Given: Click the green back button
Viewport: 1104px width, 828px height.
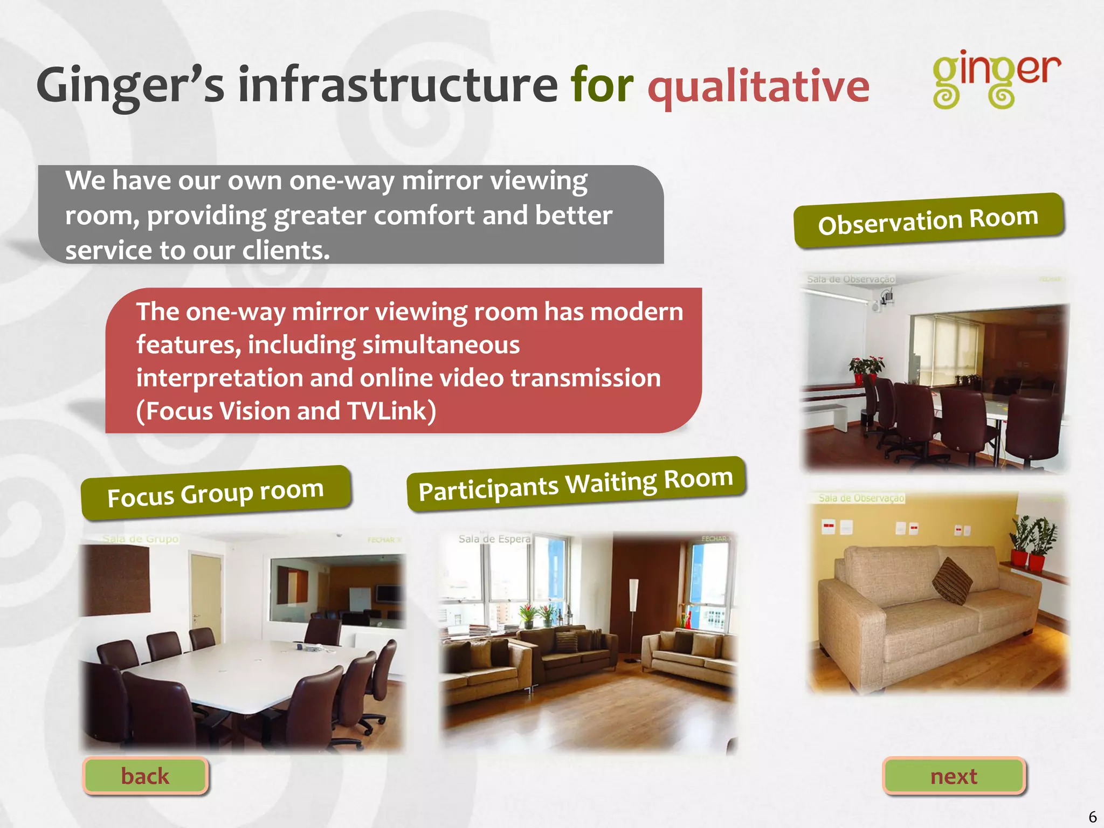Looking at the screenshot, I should coord(145,776).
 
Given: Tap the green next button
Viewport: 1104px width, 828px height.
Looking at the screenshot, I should coord(954,776).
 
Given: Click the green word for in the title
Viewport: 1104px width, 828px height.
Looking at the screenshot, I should coord(602,85).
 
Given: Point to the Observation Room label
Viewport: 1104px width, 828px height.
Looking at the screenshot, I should coord(928,220).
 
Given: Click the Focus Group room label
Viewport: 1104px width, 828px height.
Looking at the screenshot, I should coord(216,493).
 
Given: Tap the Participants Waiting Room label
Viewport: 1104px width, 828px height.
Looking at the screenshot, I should coord(576,484).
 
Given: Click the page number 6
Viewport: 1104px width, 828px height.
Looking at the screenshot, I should coord(1092,817).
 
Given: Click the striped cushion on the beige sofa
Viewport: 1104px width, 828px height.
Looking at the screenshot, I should coord(953,581).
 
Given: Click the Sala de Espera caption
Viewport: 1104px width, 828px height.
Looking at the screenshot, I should coord(494,539).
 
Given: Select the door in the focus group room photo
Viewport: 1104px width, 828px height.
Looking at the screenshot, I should coord(206,593).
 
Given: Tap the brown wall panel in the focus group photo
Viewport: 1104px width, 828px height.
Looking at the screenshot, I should coord(115,579).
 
